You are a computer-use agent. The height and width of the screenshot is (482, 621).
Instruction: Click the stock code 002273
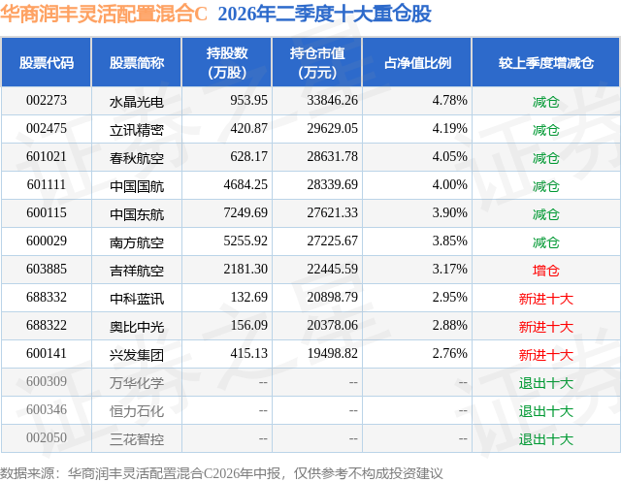click(x=47, y=101)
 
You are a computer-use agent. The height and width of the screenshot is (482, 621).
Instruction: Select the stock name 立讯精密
click(x=137, y=130)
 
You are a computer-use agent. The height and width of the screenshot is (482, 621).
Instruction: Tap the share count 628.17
click(x=248, y=157)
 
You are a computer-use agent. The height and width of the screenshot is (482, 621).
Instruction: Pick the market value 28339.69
click(x=332, y=185)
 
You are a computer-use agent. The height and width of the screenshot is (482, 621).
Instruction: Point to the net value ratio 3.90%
click(x=449, y=213)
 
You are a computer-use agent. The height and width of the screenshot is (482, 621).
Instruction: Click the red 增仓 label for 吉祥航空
click(x=545, y=271)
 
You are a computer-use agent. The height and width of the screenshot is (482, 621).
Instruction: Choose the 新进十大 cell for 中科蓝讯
click(x=545, y=299)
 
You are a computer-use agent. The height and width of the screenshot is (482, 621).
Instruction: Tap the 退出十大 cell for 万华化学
click(x=545, y=383)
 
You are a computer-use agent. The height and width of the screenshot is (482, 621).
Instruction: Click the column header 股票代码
click(x=47, y=62)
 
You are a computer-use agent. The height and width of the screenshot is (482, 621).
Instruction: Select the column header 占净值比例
click(x=417, y=62)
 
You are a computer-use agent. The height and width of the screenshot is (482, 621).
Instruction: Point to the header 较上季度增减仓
click(x=546, y=62)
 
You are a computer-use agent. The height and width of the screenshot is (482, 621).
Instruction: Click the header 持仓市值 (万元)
click(x=317, y=62)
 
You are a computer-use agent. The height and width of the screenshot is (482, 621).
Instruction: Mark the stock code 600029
click(x=47, y=241)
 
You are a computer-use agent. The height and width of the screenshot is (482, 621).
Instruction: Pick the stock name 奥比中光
click(x=137, y=327)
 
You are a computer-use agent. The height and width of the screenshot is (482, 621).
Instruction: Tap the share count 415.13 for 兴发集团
click(x=248, y=353)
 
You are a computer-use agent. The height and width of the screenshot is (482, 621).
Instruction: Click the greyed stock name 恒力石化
click(x=137, y=411)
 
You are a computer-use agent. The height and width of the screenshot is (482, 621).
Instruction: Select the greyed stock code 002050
click(x=47, y=437)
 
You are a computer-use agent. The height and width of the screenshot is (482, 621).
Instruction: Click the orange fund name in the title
click(x=104, y=15)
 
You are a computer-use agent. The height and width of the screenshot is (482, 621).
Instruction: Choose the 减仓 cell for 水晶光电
click(x=545, y=102)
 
